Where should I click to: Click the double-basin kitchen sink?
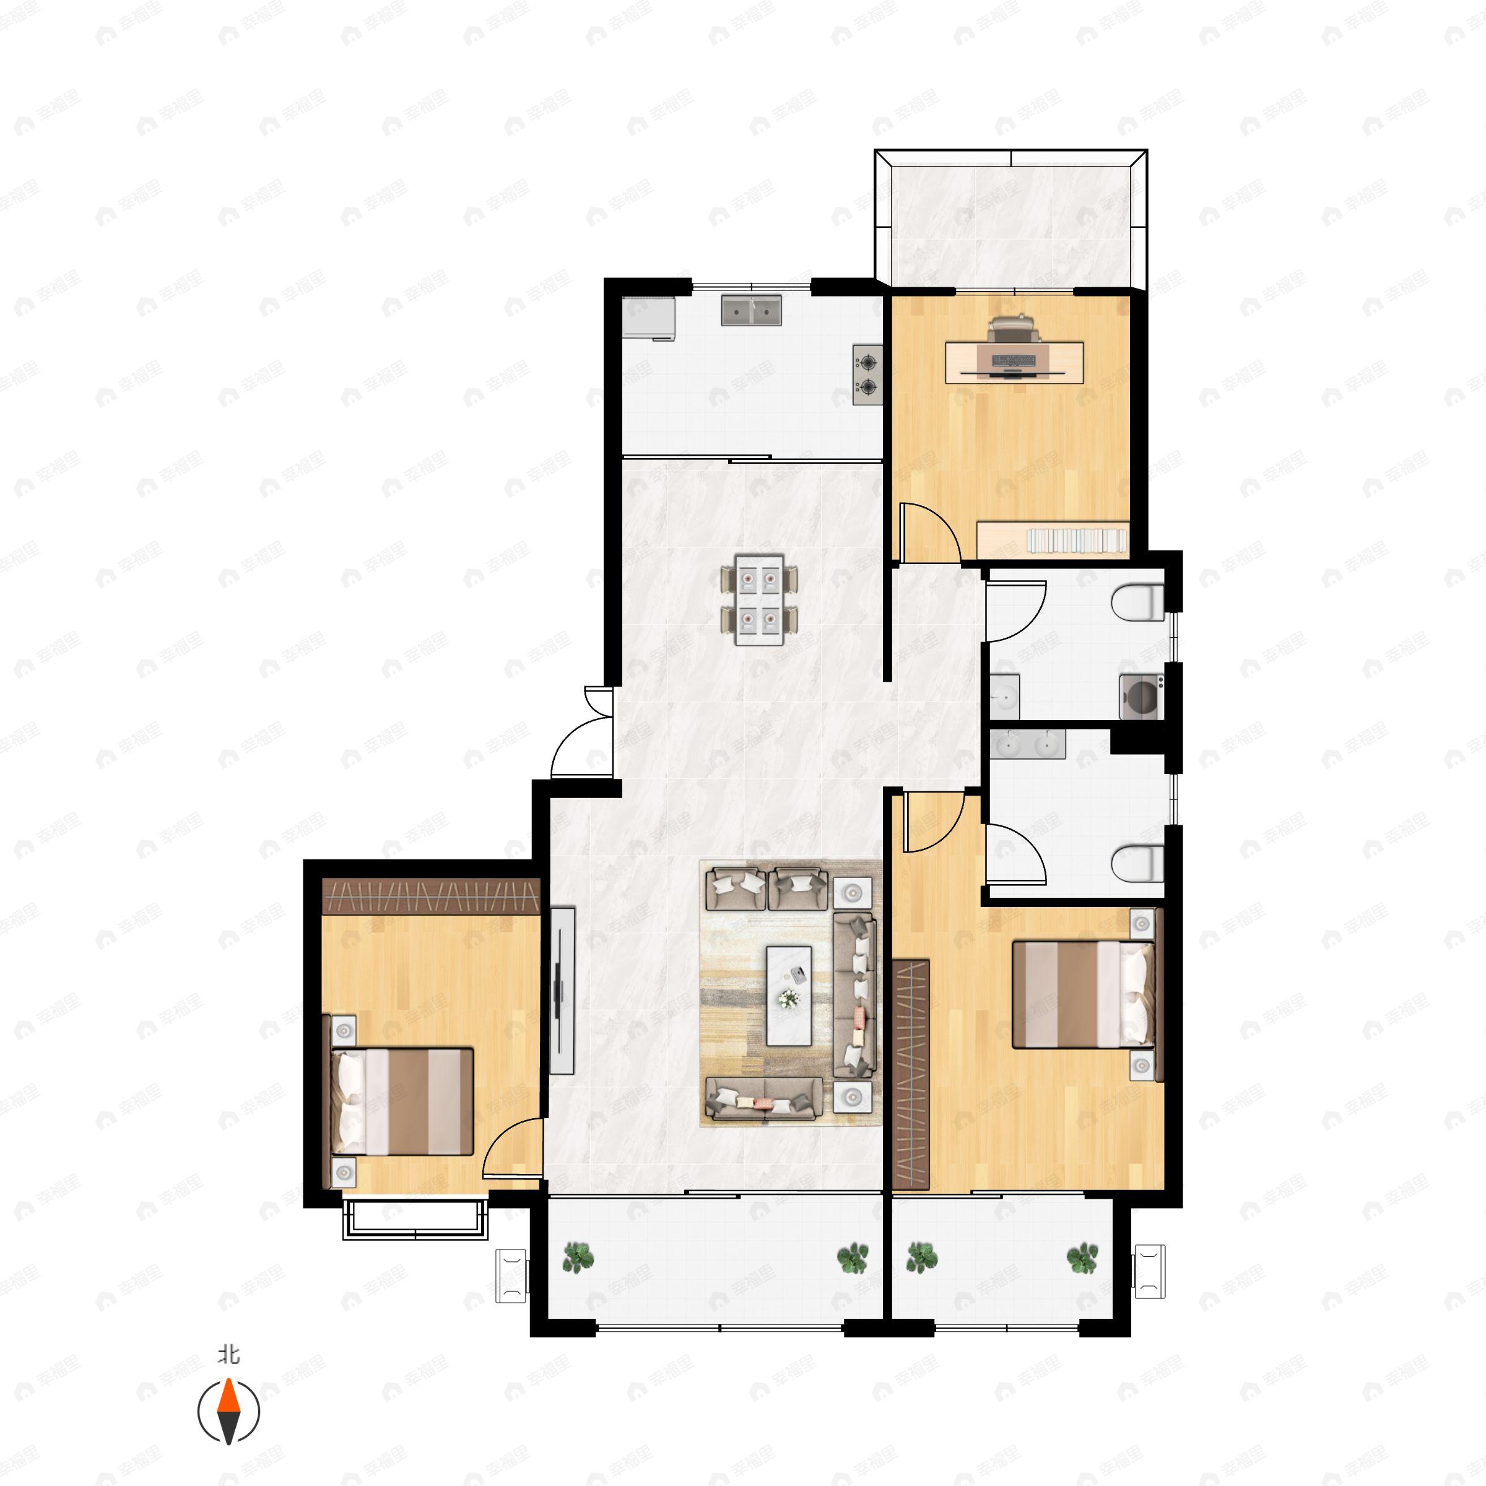point(752,310)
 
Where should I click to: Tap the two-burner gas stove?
point(867,375)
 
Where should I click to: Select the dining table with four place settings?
point(759,600)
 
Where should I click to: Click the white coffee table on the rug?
point(789,996)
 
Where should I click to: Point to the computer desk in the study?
point(1015,362)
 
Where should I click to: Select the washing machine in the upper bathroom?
point(1141,696)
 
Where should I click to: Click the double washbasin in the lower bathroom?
point(1027,744)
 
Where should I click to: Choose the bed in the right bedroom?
point(1083,994)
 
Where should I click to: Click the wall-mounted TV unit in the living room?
point(563,991)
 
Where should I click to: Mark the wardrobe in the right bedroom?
point(911,1074)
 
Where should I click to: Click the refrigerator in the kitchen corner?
point(648,318)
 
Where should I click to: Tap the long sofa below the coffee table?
point(762,1098)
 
